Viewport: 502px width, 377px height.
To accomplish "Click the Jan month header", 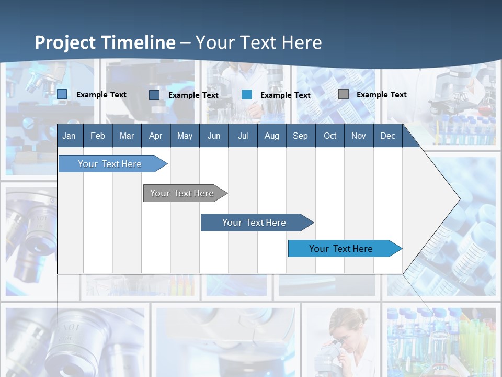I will pos(69,136).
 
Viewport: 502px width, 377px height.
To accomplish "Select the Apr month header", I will pos(155,136).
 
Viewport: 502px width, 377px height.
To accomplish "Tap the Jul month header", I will pos(243,136).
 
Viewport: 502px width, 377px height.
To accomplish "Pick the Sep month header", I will pos(300,136).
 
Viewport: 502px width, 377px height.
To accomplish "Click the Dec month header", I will pos(387,136).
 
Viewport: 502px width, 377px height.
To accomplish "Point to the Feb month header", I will pos(98,136).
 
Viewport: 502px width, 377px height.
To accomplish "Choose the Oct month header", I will pos(330,136).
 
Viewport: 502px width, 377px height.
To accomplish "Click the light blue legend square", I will pos(62,94).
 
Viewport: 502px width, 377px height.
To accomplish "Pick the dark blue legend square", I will pos(154,95).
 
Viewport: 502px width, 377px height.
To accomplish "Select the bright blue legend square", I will pos(247,95).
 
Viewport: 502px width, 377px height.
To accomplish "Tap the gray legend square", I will pos(343,94).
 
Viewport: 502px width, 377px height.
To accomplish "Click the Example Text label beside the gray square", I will pos(381,95).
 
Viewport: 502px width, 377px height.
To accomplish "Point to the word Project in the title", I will pos(65,42).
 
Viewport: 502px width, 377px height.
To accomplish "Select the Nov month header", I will pos(359,136).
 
